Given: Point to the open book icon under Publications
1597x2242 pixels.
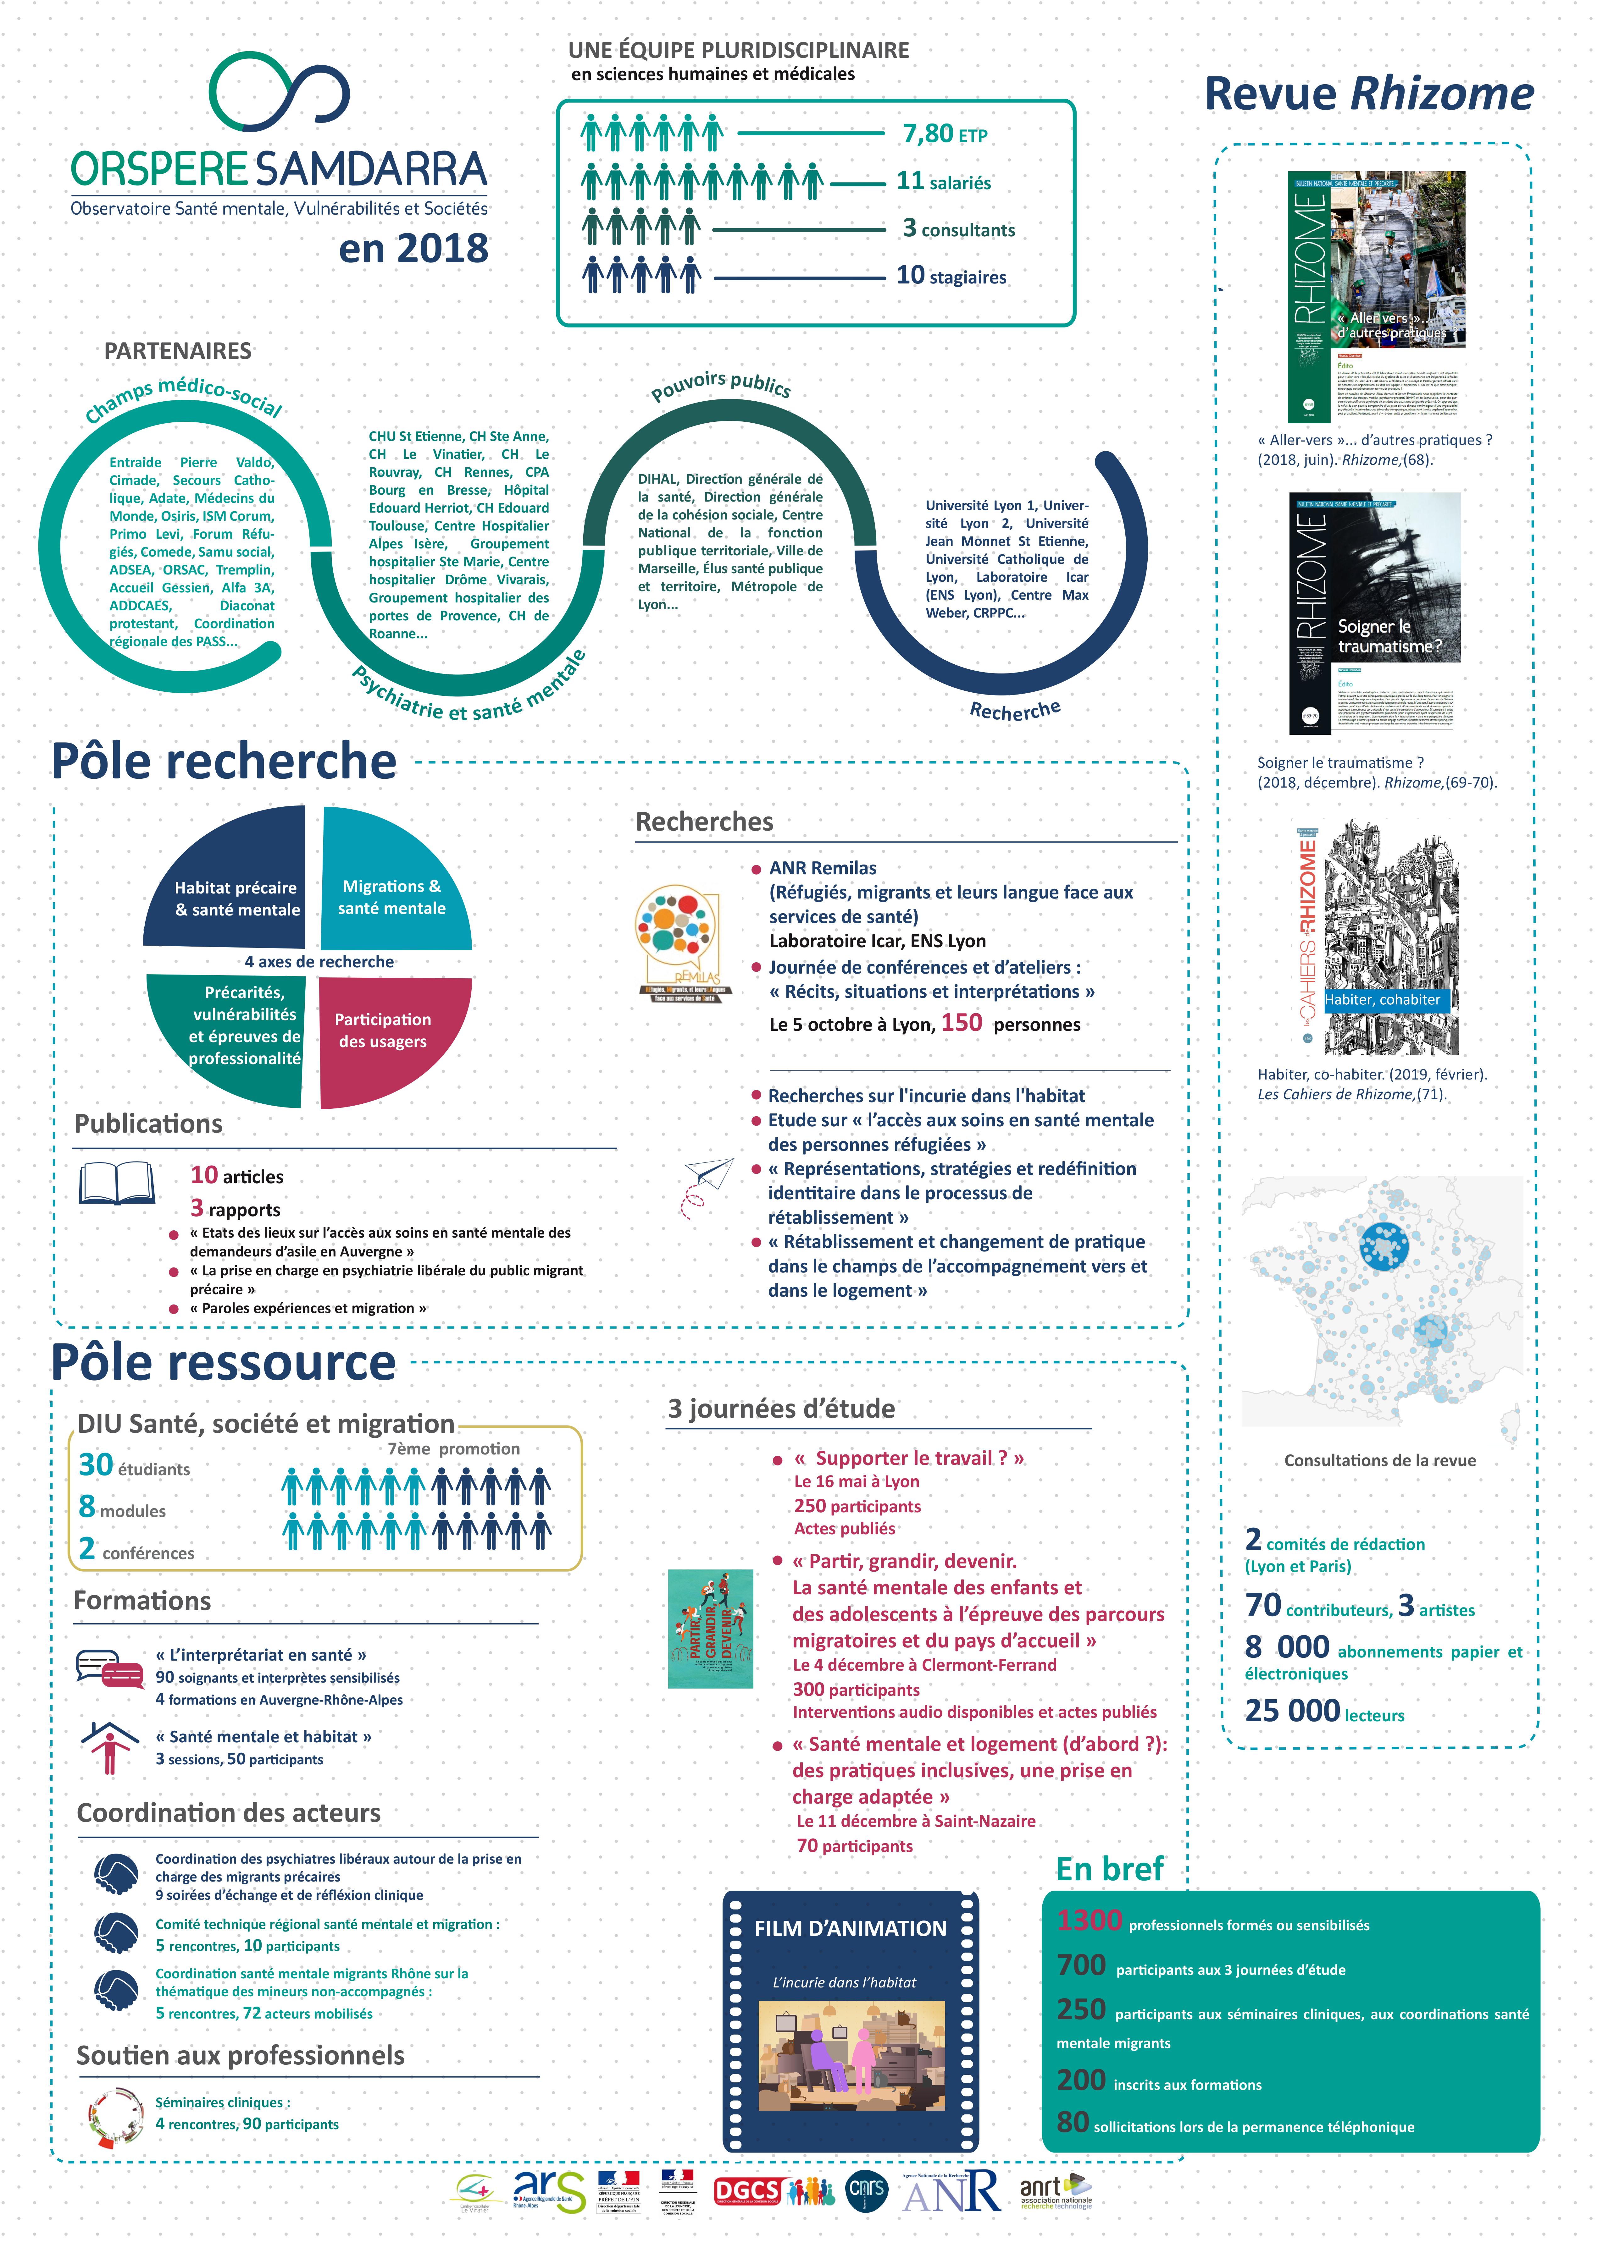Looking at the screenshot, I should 117,1184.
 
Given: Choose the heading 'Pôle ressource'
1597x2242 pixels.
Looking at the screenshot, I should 223,1362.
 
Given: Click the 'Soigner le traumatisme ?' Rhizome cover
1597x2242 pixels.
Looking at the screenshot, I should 1374,613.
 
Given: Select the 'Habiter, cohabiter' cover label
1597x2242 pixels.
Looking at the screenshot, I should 1382,1000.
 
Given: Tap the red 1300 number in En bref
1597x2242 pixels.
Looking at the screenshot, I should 1089,1921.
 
